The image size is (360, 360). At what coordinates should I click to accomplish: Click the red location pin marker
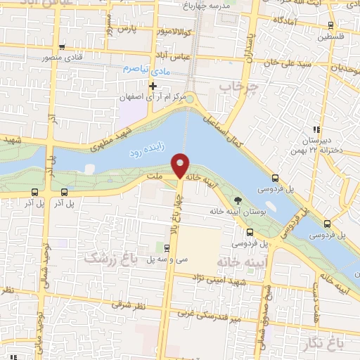tap(181, 166)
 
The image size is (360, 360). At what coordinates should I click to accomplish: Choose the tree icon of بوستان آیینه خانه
tap(238, 200)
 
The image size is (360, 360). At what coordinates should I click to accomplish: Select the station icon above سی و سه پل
tap(167, 247)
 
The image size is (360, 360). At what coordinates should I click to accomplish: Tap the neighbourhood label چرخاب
tap(234, 87)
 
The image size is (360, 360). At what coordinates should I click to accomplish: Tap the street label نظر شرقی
tap(129, 306)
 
